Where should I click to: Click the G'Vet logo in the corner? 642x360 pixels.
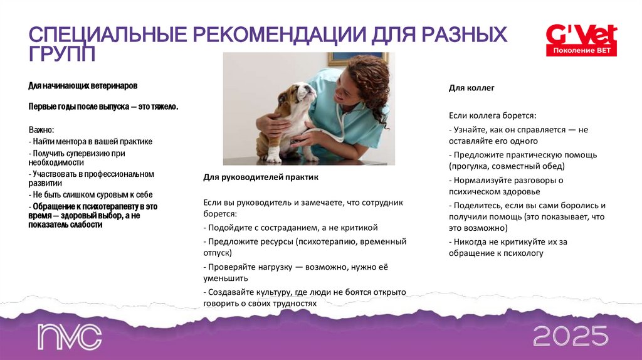coord(581,34)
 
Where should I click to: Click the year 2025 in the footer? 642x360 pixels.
coord(571,336)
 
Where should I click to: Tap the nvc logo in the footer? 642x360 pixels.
coord(69,337)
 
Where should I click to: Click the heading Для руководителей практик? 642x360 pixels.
coord(261,177)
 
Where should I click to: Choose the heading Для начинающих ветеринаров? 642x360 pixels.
coord(83,85)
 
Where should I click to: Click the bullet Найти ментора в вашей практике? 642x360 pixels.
coord(90,142)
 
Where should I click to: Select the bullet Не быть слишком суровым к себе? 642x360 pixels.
coord(90,195)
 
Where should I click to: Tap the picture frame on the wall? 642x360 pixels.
coord(357,58)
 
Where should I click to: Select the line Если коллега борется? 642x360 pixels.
coord(492,116)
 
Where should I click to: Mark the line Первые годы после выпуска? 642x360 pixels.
coord(103,107)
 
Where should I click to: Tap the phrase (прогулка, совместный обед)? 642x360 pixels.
coord(507,166)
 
